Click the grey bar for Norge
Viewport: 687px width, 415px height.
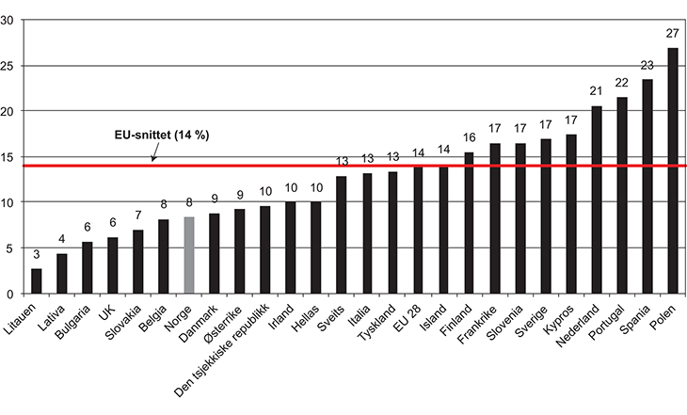(188, 255)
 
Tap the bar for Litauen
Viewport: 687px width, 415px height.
(36, 281)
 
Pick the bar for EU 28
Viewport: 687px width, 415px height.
(418, 231)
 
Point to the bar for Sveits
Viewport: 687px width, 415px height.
(342, 235)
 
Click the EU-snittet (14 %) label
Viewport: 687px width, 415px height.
(156, 136)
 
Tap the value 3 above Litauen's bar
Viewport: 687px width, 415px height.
(36, 255)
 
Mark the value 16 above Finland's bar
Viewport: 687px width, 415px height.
(469, 138)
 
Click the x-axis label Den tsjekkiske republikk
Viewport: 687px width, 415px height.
(231, 353)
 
